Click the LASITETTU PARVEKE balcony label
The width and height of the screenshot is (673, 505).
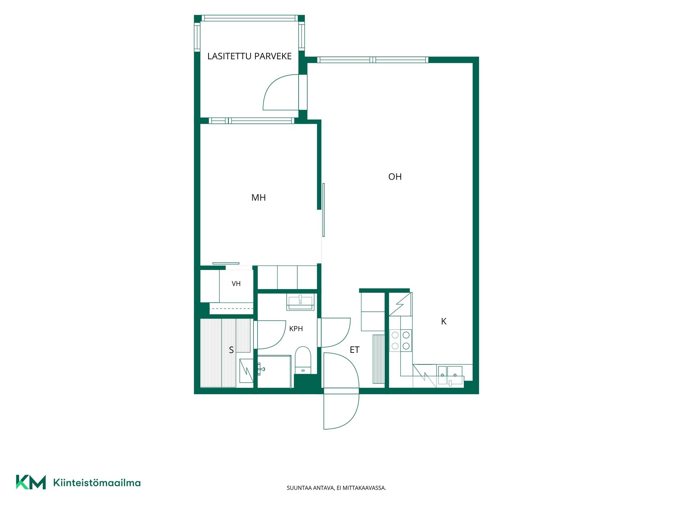(249, 56)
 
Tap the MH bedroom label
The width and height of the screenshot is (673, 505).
(258, 197)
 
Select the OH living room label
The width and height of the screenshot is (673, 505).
(395, 177)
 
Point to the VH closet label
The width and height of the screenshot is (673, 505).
(236, 284)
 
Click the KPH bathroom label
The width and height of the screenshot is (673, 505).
(296, 329)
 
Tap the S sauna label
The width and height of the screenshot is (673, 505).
(231, 350)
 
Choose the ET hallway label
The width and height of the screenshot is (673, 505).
(354, 350)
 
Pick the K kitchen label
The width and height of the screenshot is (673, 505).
(443, 321)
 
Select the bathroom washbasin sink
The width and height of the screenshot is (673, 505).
(300, 302)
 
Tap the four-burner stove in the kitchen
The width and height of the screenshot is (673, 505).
(401, 341)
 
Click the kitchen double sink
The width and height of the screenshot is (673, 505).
(450, 376)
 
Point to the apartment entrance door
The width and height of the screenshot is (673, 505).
(341, 391)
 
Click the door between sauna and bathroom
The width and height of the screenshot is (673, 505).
(272, 335)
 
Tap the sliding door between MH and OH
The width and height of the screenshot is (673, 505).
(324, 210)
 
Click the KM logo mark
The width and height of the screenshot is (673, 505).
(31, 482)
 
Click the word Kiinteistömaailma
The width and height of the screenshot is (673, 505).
(97, 483)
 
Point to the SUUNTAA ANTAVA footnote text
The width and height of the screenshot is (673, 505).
(336, 488)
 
